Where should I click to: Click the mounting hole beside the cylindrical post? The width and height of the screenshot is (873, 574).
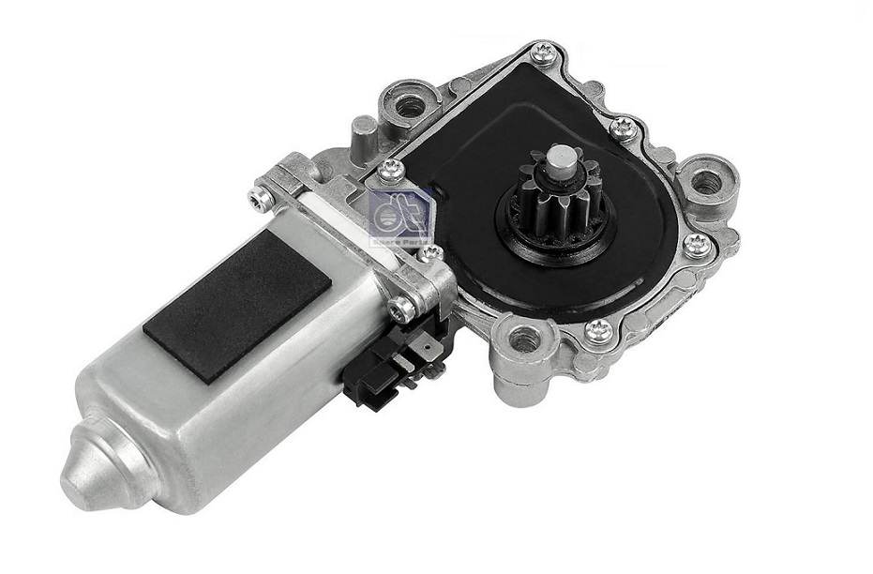410,107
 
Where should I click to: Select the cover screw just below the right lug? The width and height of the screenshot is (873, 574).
695,244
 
